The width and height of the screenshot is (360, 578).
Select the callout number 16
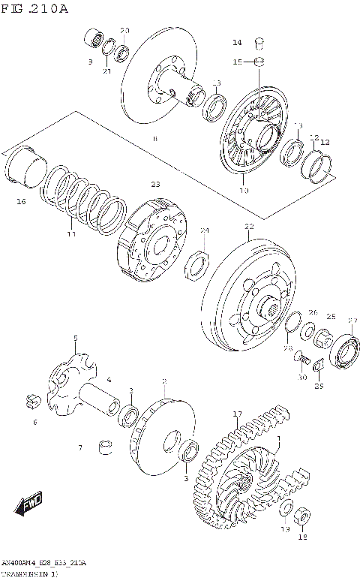[x=21, y=201]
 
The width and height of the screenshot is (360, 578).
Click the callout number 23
[x=155, y=184]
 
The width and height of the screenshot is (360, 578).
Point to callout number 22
[x=249, y=227]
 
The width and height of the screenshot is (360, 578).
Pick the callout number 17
[x=237, y=414]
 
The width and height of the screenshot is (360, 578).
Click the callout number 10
[x=242, y=191]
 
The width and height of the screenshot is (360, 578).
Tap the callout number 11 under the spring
[x=71, y=234]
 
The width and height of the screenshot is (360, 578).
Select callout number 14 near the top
[x=236, y=42]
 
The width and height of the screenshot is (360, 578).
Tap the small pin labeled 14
[x=259, y=42]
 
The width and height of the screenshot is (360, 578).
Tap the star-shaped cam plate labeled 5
[x=73, y=369]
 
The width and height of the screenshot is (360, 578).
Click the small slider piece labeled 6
[x=32, y=402]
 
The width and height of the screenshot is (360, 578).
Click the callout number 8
[x=154, y=139]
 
